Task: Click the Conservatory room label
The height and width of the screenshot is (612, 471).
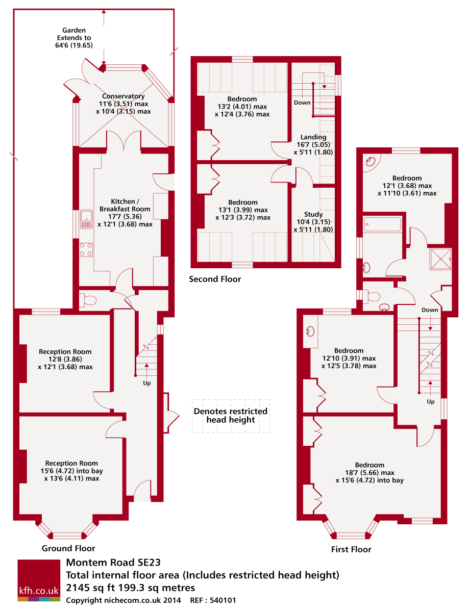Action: click(x=123, y=96)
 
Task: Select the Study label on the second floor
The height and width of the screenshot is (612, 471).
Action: click(x=313, y=214)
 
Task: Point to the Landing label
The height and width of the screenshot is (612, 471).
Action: click(x=313, y=137)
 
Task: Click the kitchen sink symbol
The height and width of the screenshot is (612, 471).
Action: click(x=86, y=219)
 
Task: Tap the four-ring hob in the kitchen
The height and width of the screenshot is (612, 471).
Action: click(x=86, y=248)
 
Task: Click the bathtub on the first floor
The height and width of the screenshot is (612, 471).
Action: click(x=382, y=224)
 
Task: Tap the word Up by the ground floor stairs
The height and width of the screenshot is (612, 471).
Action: click(x=147, y=382)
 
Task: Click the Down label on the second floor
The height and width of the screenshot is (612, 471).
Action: click(x=302, y=103)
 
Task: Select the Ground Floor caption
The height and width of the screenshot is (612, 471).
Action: click(x=68, y=549)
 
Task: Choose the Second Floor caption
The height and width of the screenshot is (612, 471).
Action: click(x=215, y=279)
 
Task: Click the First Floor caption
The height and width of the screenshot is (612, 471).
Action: click(x=351, y=549)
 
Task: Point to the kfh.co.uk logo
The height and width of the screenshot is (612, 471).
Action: click(x=39, y=580)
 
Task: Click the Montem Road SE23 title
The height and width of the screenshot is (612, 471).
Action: click(x=113, y=563)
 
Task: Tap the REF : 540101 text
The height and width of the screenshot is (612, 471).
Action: click(x=213, y=601)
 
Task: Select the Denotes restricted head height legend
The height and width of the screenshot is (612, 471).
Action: click(x=231, y=416)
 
